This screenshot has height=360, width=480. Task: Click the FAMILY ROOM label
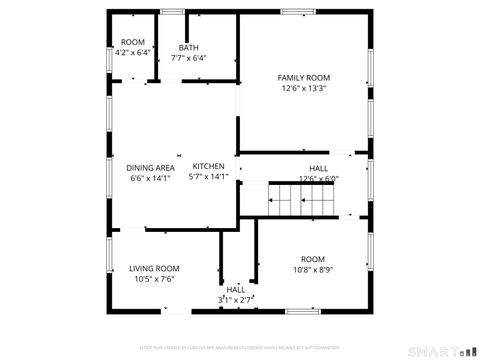[x=304, y=77]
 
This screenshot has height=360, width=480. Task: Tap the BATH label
[x=189, y=47]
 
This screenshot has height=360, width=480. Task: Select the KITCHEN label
[x=209, y=166]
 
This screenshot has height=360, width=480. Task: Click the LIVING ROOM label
[x=154, y=268]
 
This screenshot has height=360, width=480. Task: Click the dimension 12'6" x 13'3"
[x=304, y=88]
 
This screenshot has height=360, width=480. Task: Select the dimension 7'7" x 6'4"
[x=189, y=58]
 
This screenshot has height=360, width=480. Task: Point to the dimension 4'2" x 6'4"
[x=133, y=52]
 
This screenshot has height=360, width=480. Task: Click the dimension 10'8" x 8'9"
[x=313, y=269]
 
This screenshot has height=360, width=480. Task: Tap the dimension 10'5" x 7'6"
[x=154, y=279]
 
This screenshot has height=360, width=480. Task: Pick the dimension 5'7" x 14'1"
[x=209, y=177]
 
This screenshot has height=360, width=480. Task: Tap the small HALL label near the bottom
[x=236, y=289]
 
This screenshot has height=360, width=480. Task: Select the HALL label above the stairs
[x=319, y=168]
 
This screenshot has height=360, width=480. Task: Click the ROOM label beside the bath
[x=133, y=41]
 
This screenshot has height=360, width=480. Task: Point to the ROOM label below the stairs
[x=313, y=258]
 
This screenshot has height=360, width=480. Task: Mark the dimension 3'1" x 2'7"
[x=236, y=299]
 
